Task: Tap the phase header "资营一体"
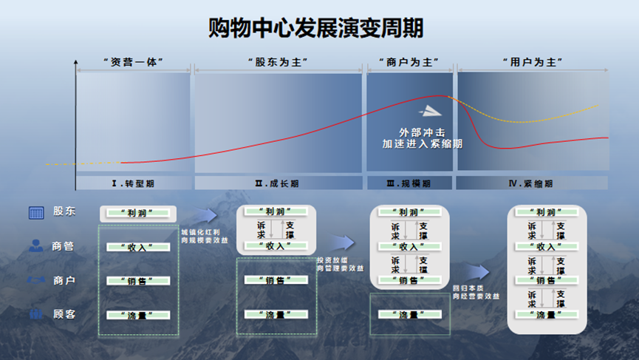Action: (x=133, y=62)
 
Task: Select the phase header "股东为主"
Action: (x=277, y=62)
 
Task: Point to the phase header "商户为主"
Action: (x=409, y=62)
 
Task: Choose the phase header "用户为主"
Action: (x=533, y=62)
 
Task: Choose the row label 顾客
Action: (x=64, y=314)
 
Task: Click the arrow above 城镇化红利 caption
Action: (x=206, y=215)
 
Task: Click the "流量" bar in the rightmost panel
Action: (x=546, y=315)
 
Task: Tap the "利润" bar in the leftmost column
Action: (x=138, y=213)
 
